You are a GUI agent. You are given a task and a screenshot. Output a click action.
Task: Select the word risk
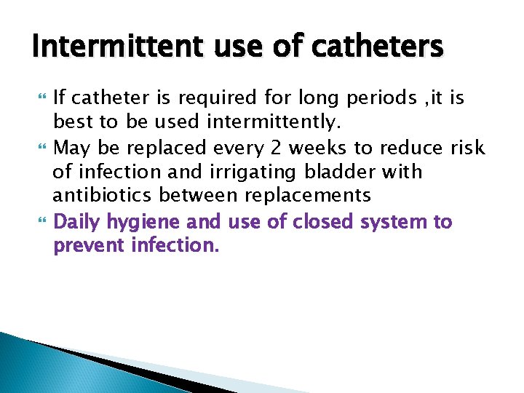point(467,148)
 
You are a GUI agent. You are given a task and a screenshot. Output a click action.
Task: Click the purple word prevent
point(90,245)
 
